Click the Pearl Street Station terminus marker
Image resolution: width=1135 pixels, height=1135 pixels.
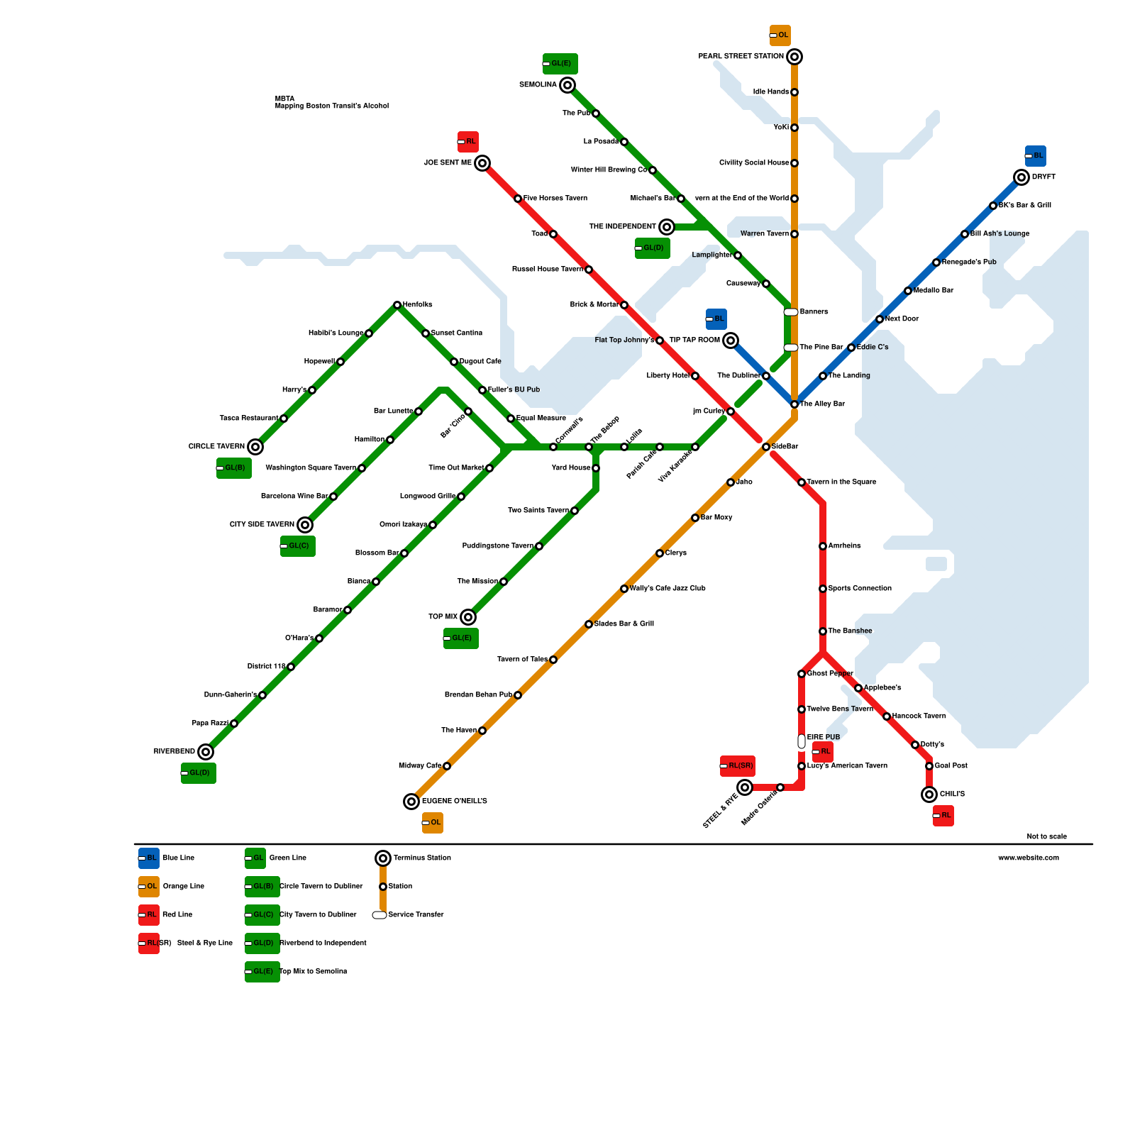[x=794, y=57]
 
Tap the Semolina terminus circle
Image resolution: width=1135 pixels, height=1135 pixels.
[x=567, y=85]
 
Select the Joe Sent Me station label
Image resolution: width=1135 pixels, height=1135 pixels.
[x=448, y=163]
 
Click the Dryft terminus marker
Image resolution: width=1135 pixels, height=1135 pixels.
[x=1021, y=177]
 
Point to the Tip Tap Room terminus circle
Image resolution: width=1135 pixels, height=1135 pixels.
[x=731, y=340]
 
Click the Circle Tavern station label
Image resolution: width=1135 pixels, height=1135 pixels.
[x=216, y=447]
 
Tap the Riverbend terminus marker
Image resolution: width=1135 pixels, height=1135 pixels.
[x=206, y=752]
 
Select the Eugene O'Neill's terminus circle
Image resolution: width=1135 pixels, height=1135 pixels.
[x=411, y=802]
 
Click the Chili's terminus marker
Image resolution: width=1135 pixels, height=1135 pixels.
[x=929, y=794]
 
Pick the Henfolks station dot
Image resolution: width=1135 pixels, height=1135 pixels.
[x=397, y=305]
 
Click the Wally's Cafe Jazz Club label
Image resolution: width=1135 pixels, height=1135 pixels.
[x=668, y=589]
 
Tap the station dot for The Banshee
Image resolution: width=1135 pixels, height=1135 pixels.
[x=823, y=631]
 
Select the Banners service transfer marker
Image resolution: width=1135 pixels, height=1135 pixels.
[x=791, y=312]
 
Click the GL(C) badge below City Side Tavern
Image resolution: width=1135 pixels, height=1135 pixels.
[x=298, y=546]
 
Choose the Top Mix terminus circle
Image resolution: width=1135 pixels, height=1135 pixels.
[x=468, y=617]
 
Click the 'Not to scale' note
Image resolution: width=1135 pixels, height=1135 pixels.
[x=1046, y=836]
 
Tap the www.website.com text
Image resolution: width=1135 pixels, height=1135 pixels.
[x=1028, y=858]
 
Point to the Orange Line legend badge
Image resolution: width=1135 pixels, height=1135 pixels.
[x=149, y=887]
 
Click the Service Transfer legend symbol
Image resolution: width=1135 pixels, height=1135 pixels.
[x=380, y=915]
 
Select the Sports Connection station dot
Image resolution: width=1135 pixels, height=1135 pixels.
[x=823, y=589]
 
